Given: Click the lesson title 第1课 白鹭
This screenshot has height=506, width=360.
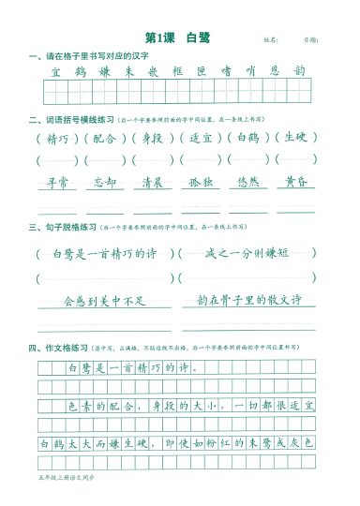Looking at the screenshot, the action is click(x=178, y=37).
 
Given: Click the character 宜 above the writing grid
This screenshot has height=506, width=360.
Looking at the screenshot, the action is click(x=55, y=71).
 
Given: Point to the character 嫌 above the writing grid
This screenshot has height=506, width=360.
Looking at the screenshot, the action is click(x=104, y=71).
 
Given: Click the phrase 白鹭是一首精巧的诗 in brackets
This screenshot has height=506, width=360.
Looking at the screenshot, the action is click(x=99, y=253).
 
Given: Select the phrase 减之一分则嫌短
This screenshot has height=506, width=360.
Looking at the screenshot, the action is click(x=244, y=253).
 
